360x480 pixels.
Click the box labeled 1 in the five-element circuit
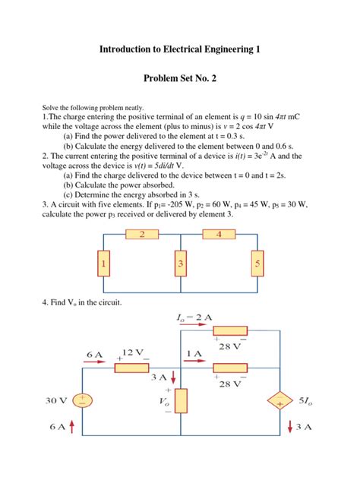coord(105,264)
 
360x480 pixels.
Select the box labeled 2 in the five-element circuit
coord(141,235)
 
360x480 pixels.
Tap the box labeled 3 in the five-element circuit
coord(180,264)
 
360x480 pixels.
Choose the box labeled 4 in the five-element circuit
coord(219,235)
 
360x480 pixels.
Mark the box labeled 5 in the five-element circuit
coord(257,264)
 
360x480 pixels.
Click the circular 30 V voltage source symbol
coord(83,400)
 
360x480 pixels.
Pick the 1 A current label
coord(195,353)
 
